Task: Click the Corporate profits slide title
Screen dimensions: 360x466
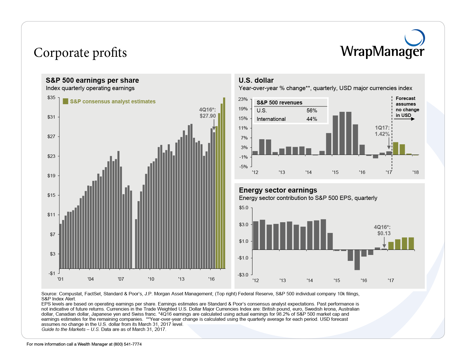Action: [80, 53]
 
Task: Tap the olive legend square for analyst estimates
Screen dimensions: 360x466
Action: [66, 101]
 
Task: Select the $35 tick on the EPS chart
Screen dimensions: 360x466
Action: [51, 98]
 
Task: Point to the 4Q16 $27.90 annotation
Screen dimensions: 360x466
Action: [208, 113]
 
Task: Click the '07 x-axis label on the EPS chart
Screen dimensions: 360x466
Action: [121, 279]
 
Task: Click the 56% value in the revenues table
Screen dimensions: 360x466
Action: [312, 111]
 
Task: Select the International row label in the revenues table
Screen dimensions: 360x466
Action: [271, 119]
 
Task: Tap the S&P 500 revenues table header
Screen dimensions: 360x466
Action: [279, 102]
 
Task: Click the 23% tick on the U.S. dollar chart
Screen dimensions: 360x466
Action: [243, 99]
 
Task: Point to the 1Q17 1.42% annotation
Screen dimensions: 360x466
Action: [382, 131]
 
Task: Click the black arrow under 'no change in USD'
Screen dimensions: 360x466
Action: [404, 119]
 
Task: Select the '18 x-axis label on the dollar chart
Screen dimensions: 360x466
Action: [415, 172]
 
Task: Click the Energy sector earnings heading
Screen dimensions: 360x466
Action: [278, 190]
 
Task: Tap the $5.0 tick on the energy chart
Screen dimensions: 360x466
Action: [244, 208]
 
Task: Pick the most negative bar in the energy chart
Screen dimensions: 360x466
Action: [357, 260]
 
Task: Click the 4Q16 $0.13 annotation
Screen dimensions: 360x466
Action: [382, 230]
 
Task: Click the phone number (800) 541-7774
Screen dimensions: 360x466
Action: [128, 344]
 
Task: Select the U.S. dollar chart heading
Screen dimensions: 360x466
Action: [256, 80]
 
